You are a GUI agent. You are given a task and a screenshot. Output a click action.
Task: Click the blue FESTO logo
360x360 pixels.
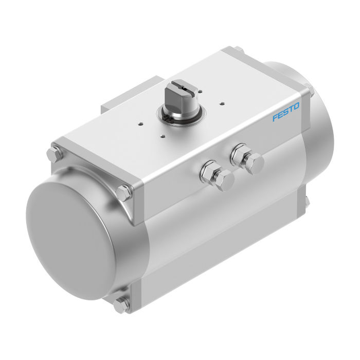(286, 112)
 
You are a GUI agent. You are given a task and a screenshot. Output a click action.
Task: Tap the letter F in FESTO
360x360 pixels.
(275, 118)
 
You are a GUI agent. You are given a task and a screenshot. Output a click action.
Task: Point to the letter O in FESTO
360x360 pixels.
(296, 106)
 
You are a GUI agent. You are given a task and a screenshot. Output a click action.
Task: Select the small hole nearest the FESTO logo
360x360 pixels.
(222, 103)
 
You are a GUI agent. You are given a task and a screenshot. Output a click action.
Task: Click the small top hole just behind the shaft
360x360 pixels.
(200, 92)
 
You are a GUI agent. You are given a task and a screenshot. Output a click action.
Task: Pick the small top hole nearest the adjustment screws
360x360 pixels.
(163, 137)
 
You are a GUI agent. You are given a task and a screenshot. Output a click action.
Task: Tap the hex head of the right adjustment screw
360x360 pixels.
(254, 164)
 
